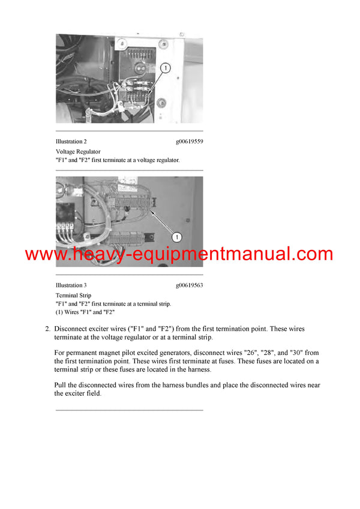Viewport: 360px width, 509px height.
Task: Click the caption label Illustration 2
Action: [x=71, y=141]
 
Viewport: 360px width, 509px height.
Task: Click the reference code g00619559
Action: [x=189, y=141]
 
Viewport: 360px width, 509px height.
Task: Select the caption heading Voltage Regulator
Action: [x=78, y=152]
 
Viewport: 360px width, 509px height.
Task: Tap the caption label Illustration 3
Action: [x=71, y=285]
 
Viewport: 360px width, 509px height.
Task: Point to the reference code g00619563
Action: [x=189, y=285]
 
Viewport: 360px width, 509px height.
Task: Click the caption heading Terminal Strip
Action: [x=71, y=296]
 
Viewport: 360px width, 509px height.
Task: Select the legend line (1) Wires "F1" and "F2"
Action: [x=85, y=312]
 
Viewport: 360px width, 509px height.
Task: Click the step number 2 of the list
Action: [x=47, y=329]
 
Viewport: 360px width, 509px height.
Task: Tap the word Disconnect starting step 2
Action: [x=72, y=329]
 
